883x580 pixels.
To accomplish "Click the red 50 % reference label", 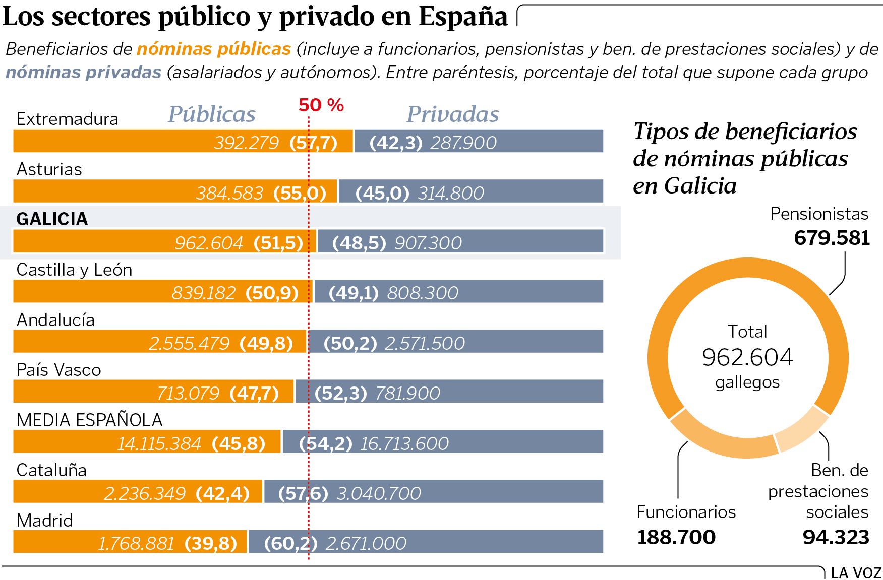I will click(x=321, y=105).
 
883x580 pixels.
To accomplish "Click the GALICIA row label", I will click(x=52, y=219).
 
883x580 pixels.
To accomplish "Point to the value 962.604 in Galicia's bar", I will click(x=209, y=243).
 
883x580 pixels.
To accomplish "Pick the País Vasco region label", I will click(x=58, y=370).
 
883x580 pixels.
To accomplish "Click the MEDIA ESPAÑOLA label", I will click(x=89, y=420).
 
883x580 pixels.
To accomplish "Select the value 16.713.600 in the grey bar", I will click(x=404, y=443).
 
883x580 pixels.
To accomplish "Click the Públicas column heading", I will click(x=212, y=114).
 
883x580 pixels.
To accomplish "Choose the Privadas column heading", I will click(x=452, y=114).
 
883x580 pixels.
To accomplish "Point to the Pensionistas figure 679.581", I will click(x=832, y=238).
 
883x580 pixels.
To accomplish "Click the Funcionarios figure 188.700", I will click(x=676, y=537).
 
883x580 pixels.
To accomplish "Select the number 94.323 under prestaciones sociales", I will click(x=836, y=537).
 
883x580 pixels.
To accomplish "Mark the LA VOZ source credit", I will click(x=856, y=573).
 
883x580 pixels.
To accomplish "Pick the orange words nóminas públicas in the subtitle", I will click(x=214, y=49).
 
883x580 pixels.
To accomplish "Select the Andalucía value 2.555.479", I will click(x=189, y=343).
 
